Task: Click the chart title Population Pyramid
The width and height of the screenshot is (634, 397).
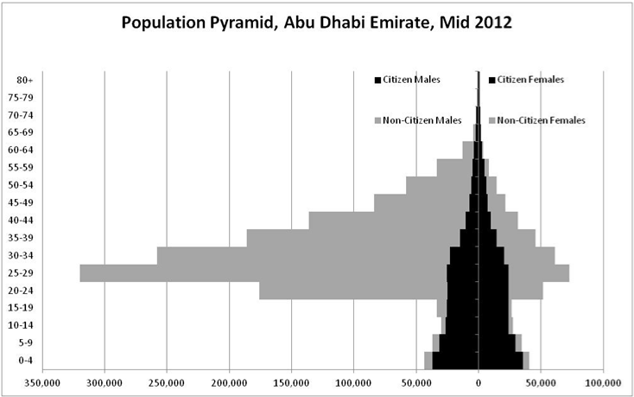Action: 316,22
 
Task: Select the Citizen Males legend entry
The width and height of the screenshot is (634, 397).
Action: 411,80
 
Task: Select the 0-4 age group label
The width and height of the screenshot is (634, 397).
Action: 25,360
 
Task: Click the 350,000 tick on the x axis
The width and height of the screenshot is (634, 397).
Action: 42,381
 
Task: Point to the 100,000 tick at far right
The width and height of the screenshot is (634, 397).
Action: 602,381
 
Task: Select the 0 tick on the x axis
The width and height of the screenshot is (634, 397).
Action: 479,381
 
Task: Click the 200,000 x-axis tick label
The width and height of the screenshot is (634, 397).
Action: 230,381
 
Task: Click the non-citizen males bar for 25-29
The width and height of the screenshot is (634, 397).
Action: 259,272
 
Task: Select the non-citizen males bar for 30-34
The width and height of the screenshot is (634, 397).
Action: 302,255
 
